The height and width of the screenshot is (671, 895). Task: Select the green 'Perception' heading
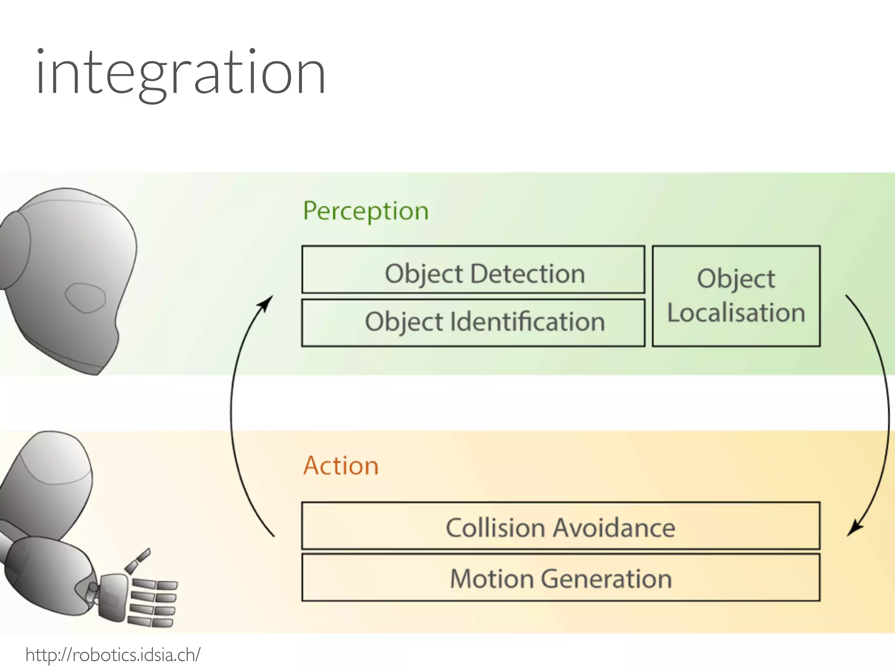(x=366, y=211)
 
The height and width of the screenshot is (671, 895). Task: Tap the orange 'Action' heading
(x=341, y=466)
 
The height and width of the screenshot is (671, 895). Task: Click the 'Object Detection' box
(x=473, y=270)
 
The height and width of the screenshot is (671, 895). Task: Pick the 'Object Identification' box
(x=473, y=323)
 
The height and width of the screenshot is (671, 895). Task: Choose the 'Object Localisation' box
(x=736, y=296)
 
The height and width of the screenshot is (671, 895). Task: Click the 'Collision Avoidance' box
(x=560, y=526)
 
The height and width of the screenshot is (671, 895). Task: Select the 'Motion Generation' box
(x=560, y=578)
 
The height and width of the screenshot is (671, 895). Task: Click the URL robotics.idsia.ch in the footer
(x=113, y=655)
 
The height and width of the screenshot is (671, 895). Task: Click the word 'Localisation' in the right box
(x=736, y=313)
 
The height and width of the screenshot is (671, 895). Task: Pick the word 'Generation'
(x=606, y=579)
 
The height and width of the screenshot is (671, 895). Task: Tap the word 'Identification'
(x=527, y=322)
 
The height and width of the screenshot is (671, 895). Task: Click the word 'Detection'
(x=527, y=274)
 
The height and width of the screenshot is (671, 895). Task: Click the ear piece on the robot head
(x=14, y=250)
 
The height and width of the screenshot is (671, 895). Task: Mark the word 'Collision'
(x=495, y=528)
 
